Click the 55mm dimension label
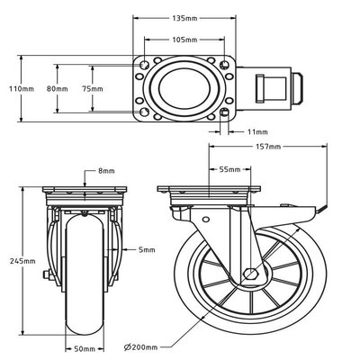(229, 168)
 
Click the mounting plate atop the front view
(86, 193)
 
